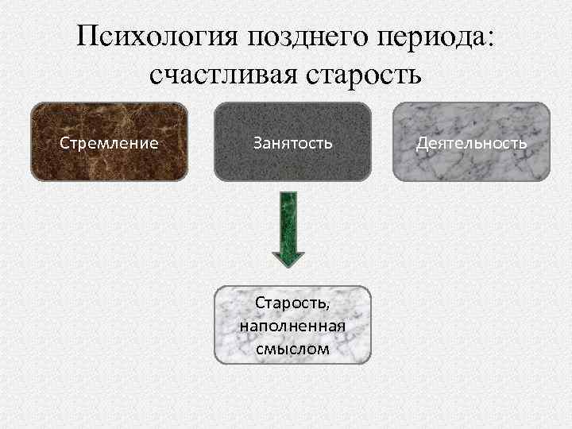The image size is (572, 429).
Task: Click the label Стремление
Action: tap(110, 143)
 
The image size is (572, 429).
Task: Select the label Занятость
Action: tap(292, 143)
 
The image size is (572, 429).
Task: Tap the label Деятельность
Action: tap(472, 143)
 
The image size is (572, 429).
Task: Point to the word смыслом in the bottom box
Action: tap(292, 347)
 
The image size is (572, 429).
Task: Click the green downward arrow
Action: tap(288, 230)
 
